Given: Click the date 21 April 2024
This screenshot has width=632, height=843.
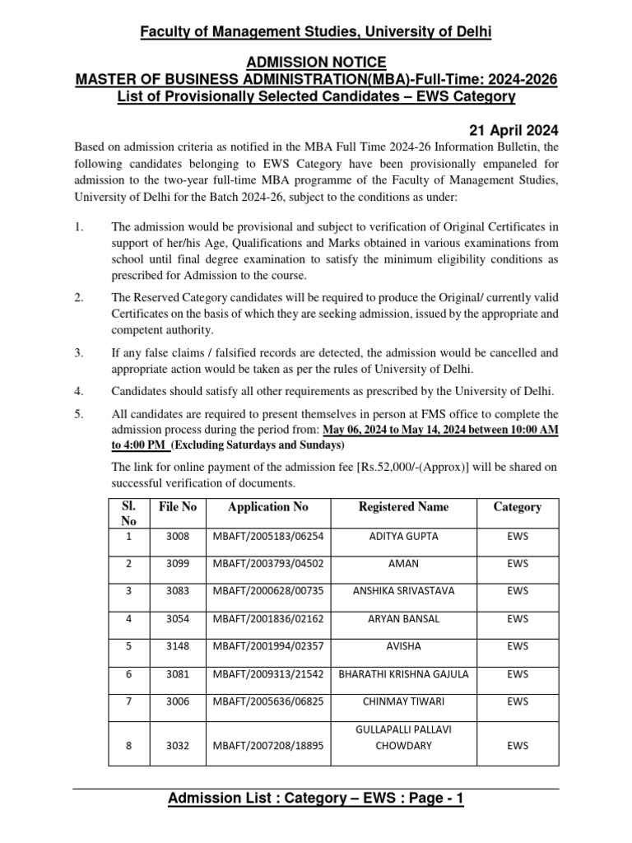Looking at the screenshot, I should [x=514, y=129].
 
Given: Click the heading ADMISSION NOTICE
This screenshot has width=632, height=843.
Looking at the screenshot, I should [x=316, y=62].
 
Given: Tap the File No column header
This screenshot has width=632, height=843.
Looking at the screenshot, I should [x=178, y=507].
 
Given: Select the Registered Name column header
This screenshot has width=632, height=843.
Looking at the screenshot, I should [x=403, y=507].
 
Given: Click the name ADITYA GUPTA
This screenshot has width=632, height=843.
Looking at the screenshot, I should [x=403, y=536].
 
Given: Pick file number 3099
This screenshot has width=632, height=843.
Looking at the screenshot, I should [x=177, y=563].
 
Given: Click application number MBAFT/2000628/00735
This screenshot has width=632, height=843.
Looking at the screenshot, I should [x=268, y=590].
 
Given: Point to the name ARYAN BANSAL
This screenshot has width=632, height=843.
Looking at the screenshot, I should [x=403, y=618].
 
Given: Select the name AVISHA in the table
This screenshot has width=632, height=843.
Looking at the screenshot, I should [x=403, y=645].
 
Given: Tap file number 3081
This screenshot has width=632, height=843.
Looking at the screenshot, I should [x=177, y=673].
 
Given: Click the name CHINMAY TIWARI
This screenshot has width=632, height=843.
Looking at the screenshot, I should [x=403, y=701].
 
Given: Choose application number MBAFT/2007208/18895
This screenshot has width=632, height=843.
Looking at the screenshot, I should [x=268, y=746].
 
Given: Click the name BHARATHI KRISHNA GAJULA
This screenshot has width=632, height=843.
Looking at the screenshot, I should [x=403, y=673].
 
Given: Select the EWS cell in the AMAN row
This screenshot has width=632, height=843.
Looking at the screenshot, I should [x=518, y=563].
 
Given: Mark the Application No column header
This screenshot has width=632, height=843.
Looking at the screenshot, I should [x=268, y=507].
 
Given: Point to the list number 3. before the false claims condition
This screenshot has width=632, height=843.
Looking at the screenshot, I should [x=79, y=353].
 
